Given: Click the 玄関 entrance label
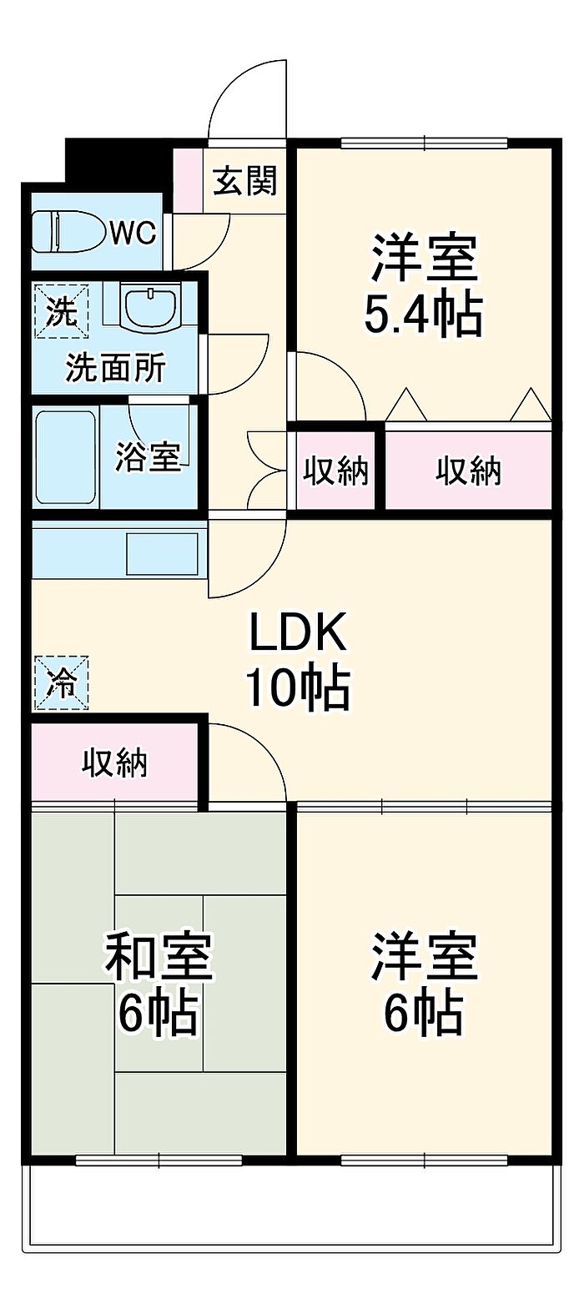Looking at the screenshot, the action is pos(244,180).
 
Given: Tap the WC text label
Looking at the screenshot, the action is pos(133,234).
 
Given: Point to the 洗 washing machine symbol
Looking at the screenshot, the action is pos(62,311).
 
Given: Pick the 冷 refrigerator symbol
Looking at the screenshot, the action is pos(62,683).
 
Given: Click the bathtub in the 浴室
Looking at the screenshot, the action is pos(65,456).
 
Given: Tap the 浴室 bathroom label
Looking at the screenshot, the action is pos(148,456).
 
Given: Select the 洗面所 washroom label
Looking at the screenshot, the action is pos(115,368).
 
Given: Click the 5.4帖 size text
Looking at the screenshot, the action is pos(423,315).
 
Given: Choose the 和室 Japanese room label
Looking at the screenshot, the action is pos(159,957).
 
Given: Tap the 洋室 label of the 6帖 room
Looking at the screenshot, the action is pos(424,957).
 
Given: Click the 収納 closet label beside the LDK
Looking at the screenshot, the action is pos(114,763).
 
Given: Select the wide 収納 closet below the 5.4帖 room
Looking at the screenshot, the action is pos(468,471).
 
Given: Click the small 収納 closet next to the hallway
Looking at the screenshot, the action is pos(335,471).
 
